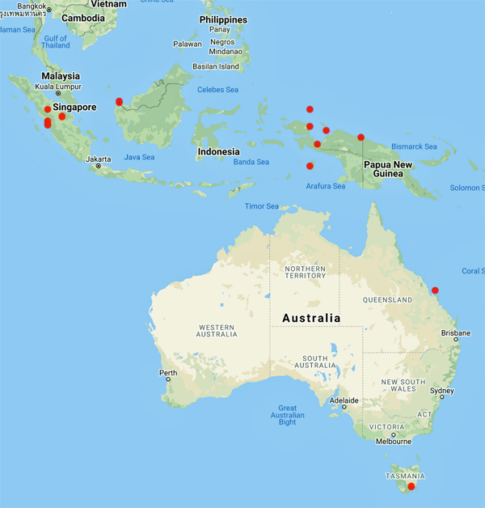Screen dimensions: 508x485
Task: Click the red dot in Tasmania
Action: [411, 486]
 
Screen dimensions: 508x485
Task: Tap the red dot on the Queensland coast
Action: [435, 290]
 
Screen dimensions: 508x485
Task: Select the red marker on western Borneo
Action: [120, 102]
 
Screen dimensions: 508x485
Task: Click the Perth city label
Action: [168, 373]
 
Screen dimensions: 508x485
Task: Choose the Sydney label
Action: [442, 391]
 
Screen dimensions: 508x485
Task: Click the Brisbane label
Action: [457, 332]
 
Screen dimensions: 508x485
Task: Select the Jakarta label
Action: [97, 159]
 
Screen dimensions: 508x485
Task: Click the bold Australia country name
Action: [311, 318]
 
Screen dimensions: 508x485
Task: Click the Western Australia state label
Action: [216, 330]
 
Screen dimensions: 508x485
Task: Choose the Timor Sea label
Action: [262, 206]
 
